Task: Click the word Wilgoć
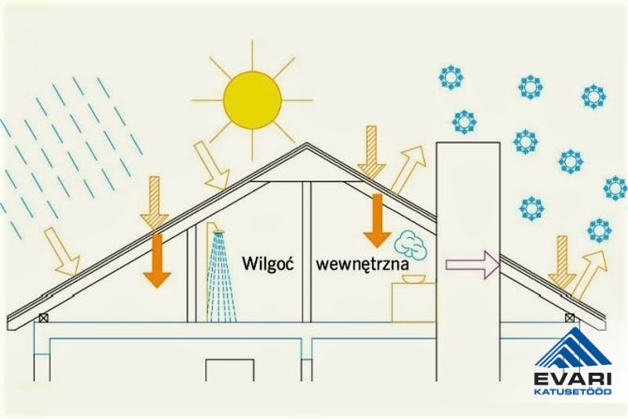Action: point(268,263)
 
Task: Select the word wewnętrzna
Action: point(362,264)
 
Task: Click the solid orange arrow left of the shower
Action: point(157,259)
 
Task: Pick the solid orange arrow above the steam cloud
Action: point(377,220)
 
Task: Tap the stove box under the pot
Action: point(414,302)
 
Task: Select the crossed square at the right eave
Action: point(569,319)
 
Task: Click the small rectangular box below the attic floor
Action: point(229,369)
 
